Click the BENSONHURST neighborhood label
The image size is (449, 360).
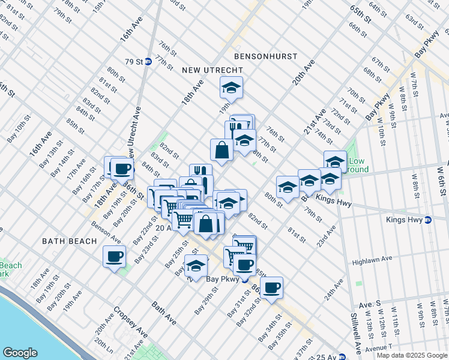click(x=266, y=56)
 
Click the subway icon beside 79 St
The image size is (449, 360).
click(x=148, y=61)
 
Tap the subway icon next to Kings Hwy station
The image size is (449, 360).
click(x=427, y=220)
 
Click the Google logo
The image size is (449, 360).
click(x=20, y=353)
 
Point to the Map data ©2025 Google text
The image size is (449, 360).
click(x=411, y=355)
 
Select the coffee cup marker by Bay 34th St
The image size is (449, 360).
click(x=271, y=287)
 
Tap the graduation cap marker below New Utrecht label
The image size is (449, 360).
click(x=231, y=88)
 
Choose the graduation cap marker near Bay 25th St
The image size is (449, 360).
click(x=196, y=265)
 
